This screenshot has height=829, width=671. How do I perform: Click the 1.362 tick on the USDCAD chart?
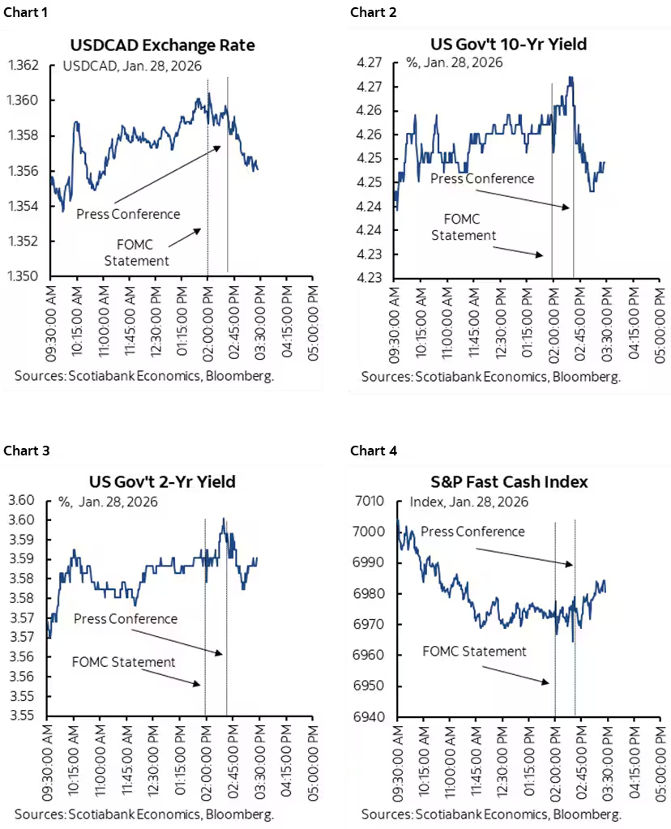[x=27, y=65]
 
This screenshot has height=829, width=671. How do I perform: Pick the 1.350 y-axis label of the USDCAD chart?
[x=27, y=276]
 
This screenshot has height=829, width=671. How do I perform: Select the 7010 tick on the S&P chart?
[x=374, y=501]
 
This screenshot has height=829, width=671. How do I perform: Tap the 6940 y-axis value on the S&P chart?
[x=374, y=717]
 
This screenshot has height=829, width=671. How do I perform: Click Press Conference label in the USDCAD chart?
[x=128, y=214]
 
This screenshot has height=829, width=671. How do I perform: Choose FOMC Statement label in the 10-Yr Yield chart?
[x=463, y=227]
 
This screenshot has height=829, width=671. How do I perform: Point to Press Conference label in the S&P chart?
[x=473, y=532]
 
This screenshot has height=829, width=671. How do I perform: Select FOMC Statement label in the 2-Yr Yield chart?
[x=124, y=662]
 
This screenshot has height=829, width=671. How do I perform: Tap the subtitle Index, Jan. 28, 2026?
[x=468, y=502]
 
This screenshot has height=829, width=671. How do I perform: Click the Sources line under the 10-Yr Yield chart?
[x=491, y=377]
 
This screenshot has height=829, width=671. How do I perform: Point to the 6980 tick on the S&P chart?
[x=374, y=593]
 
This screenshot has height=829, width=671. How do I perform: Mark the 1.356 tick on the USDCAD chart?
[x=27, y=171]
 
